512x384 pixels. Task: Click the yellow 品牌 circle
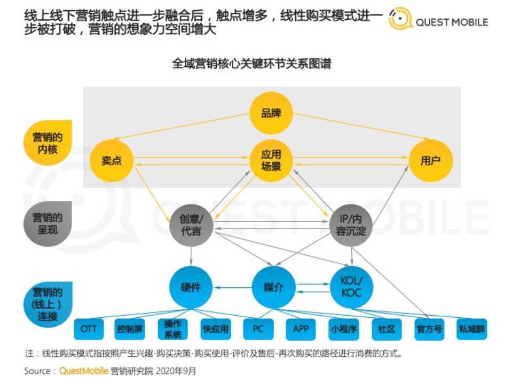click(x=271, y=113)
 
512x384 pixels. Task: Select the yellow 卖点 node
click(x=112, y=160)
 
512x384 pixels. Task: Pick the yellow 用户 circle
click(x=430, y=160)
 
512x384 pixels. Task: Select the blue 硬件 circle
click(x=191, y=287)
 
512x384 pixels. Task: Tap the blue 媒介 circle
click(x=273, y=287)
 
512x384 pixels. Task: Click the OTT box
click(x=89, y=328)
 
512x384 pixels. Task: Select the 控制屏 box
click(x=130, y=328)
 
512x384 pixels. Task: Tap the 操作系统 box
click(x=173, y=328)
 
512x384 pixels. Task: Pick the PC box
click(x=258, y=328)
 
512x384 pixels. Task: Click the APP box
click(x=301, y=328)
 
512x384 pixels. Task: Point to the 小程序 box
click(x=344, y=328)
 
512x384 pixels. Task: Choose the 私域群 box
click(x=472, y=328)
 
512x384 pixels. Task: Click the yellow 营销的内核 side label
click(x=48, y=143)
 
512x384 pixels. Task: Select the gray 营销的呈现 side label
click(x=48, y=224)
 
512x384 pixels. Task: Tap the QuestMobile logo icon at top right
click(x=400, y=19)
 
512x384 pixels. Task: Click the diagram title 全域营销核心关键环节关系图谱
click(x=251, y=64)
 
